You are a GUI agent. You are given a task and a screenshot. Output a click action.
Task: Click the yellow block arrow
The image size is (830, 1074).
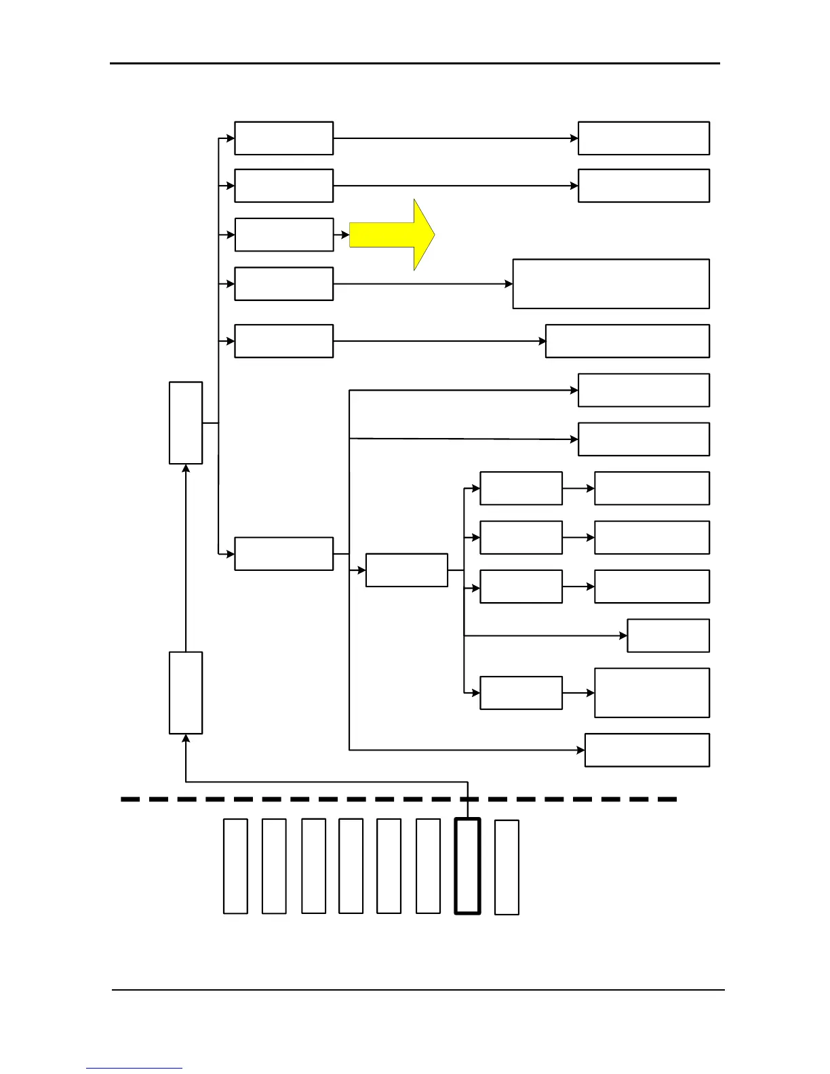click(x=392, y=235)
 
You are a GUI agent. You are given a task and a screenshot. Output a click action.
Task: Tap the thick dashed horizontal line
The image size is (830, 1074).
click(x=399, y=799)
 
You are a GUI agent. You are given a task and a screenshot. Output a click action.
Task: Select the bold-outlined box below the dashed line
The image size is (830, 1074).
click(x=467, y=866)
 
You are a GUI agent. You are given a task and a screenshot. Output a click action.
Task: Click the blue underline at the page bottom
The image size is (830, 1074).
click(x=134, y=1069)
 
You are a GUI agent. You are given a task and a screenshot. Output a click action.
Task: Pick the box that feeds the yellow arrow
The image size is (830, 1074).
click(x=283, y=235)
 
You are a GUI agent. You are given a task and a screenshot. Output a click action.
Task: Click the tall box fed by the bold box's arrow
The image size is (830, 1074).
click(x=185, y=692)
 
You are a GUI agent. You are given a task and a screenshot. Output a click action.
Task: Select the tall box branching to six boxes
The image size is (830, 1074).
click(x=185, y=422)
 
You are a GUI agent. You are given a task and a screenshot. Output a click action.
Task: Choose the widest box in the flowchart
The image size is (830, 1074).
click(x=610, y=283)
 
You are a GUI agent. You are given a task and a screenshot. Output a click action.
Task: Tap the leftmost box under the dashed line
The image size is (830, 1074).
click(x=235, y=866)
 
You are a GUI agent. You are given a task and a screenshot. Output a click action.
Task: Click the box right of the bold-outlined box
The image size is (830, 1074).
click(x=507, y=867)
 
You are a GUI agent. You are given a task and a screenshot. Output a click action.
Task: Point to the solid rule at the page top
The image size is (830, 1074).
click(x=415, y=64)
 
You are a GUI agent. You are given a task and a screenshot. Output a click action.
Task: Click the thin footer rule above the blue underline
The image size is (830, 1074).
click(x=418, y=990)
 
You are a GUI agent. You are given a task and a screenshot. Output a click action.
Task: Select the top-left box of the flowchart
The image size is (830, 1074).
click(x=283, y=138)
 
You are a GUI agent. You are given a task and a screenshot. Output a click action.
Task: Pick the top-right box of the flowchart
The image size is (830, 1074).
click(x=644, y=138)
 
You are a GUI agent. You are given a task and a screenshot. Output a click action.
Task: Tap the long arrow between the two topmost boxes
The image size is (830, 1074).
click(x=454, y=138)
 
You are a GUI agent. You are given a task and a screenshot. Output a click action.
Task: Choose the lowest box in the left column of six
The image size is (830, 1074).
click(x=283, y=554)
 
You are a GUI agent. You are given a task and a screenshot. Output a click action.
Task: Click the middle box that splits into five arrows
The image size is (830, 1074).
click(x=406, y=570)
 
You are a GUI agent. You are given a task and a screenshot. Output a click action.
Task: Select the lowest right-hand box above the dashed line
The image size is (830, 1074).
click(x=647, y=750)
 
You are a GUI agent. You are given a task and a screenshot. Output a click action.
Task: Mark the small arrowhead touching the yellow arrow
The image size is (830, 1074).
click(x=345, y=235)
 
